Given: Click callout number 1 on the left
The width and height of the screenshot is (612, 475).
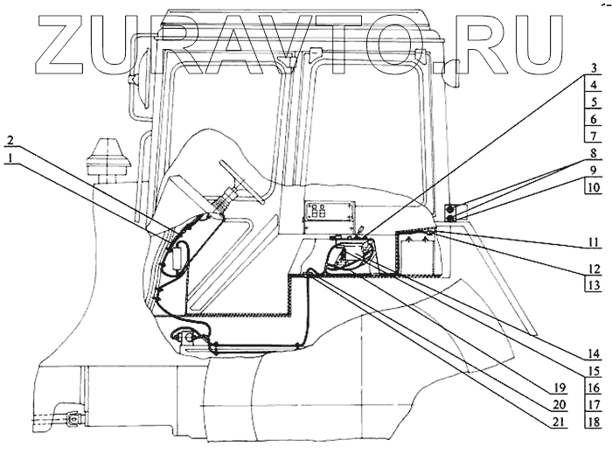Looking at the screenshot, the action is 8,157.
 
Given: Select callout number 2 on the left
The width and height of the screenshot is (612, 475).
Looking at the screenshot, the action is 8,140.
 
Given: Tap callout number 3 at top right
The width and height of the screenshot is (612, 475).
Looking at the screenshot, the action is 592,69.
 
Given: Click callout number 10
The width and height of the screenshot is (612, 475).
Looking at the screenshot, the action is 592,187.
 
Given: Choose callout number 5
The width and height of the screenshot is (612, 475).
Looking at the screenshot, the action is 592,102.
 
